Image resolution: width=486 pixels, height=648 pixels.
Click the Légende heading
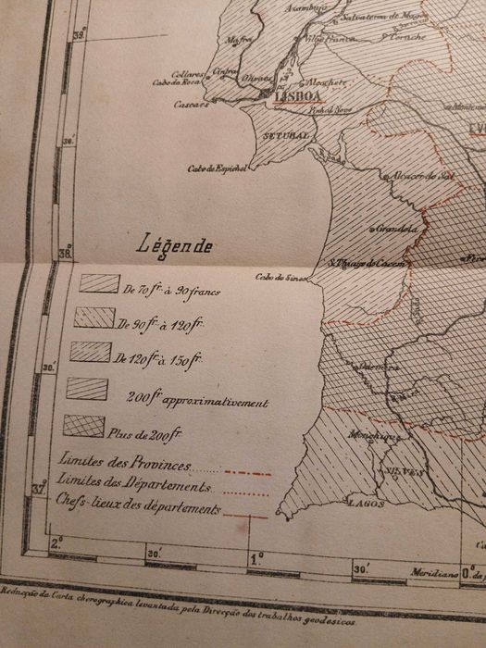click(x=173, y=246)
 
